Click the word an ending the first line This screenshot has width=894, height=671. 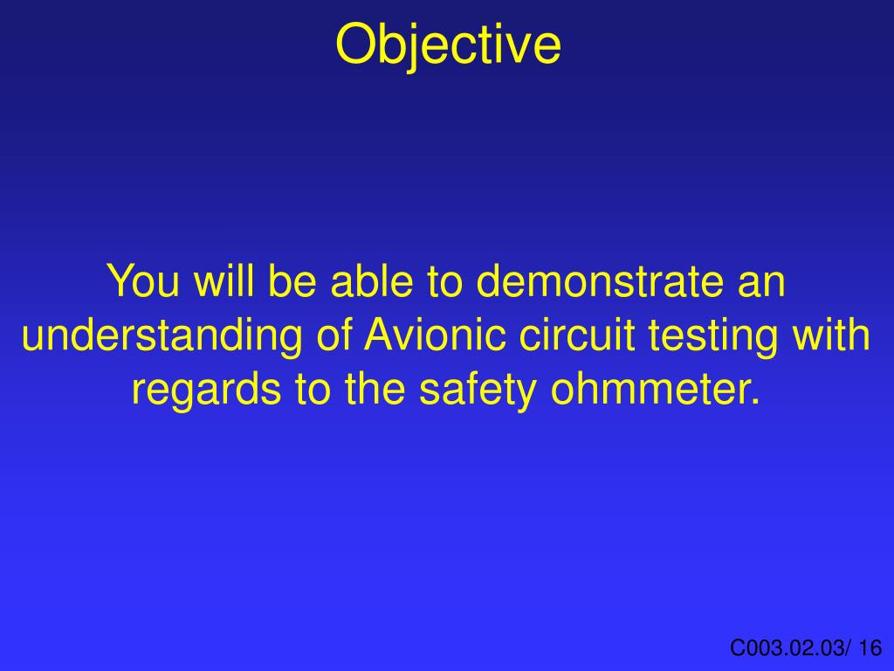tap(763, 282)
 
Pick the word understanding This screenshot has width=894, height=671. tap(159, 336)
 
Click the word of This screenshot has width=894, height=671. tap(331, 336)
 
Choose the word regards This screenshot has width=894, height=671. tap(206, 391)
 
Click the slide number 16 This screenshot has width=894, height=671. tap(870, 647)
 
